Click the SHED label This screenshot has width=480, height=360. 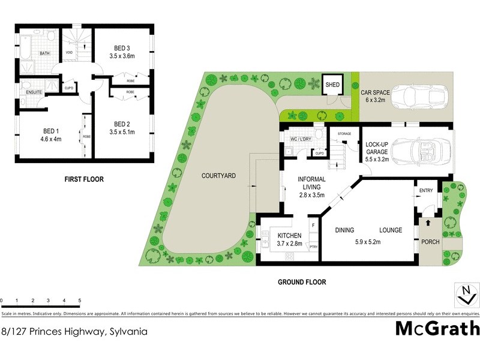pos(332,85)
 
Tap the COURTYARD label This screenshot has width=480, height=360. pos(218,176)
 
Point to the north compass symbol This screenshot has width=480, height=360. pos(464,296)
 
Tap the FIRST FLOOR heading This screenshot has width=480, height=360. pos(84,179)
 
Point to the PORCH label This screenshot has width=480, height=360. pos(431,242)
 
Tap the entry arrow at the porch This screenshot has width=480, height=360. pos(428,223)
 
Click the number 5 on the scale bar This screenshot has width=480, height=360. pos(79,300)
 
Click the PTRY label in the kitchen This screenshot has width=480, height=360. pos(313,246)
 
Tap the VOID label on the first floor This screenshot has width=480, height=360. pos(70,52)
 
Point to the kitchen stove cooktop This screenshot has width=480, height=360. pos(289,257)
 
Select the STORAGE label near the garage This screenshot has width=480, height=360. pos(344,133)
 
